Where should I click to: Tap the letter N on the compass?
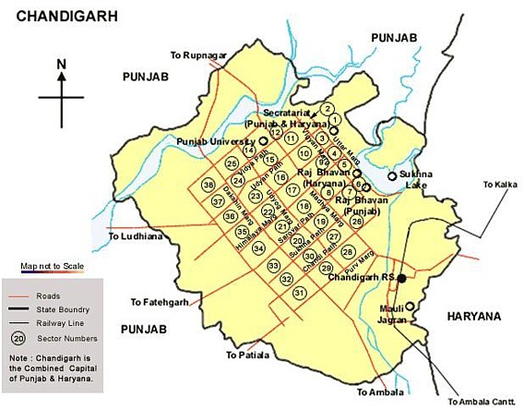point(61,64)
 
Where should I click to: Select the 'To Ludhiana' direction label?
point(135,236)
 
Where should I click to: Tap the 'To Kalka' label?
point(501,185)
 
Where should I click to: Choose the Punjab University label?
point(216,141)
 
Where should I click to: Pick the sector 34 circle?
point(259,247)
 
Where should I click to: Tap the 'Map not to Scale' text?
point(53,267)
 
